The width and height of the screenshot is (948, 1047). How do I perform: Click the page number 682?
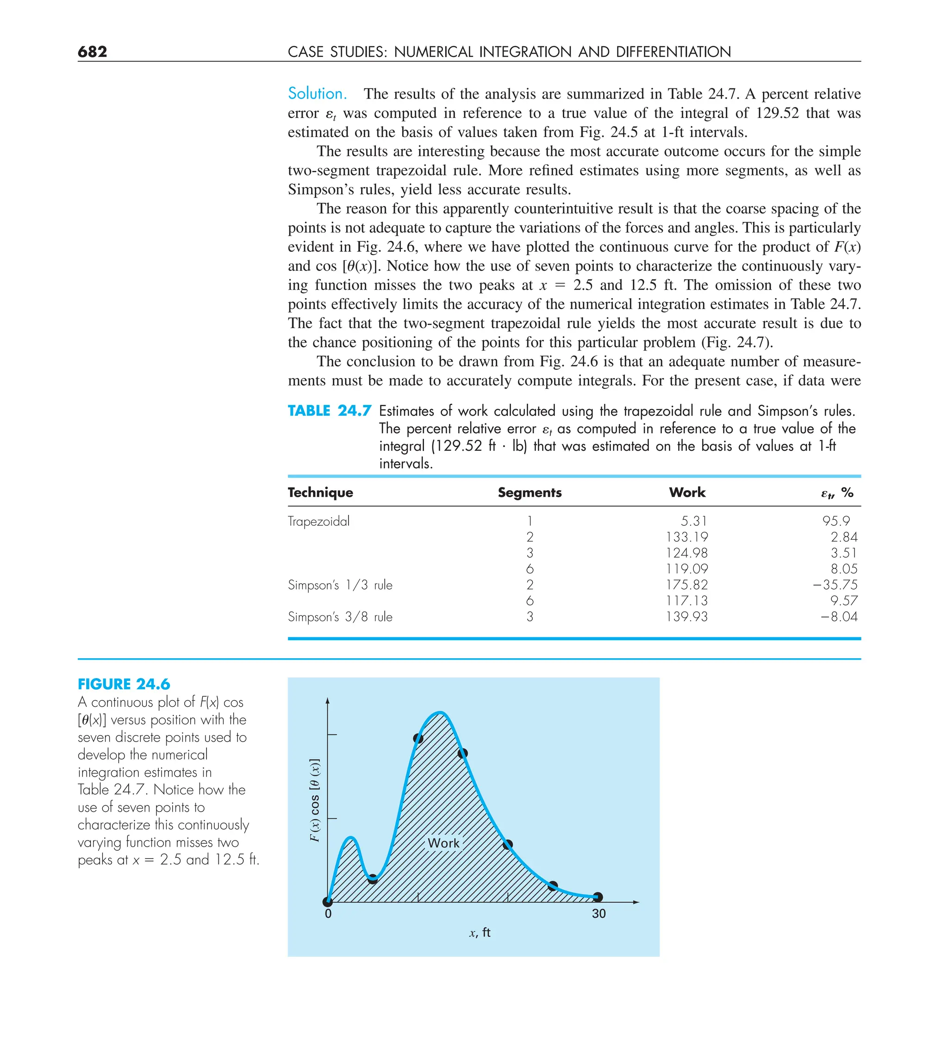(93, 51)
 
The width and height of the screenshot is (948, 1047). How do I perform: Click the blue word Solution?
(317, 93)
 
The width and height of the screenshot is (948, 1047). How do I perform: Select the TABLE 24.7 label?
(329, 411)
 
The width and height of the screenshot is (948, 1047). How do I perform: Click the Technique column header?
(320, 492)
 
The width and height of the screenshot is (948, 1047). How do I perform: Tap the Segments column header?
(530, 492)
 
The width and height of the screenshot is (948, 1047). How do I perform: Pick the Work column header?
(687, 492)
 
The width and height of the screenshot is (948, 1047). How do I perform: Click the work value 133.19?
(687, 537)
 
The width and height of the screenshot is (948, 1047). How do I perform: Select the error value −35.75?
(835, 585)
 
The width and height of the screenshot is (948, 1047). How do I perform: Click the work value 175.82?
(687, 585)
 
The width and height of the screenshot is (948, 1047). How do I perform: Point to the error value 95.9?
(836, 521)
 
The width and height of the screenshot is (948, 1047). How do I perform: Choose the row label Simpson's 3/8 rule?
(340, 617)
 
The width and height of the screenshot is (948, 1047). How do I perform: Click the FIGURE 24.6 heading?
(124, 684)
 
